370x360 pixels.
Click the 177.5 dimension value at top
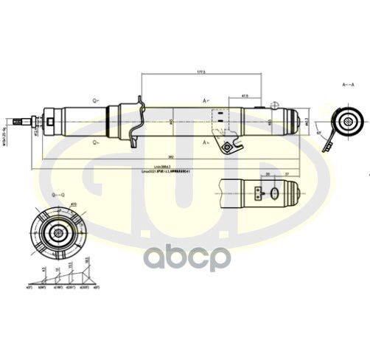(x=200, y=72)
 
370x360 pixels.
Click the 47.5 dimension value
(x=244, y=95)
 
